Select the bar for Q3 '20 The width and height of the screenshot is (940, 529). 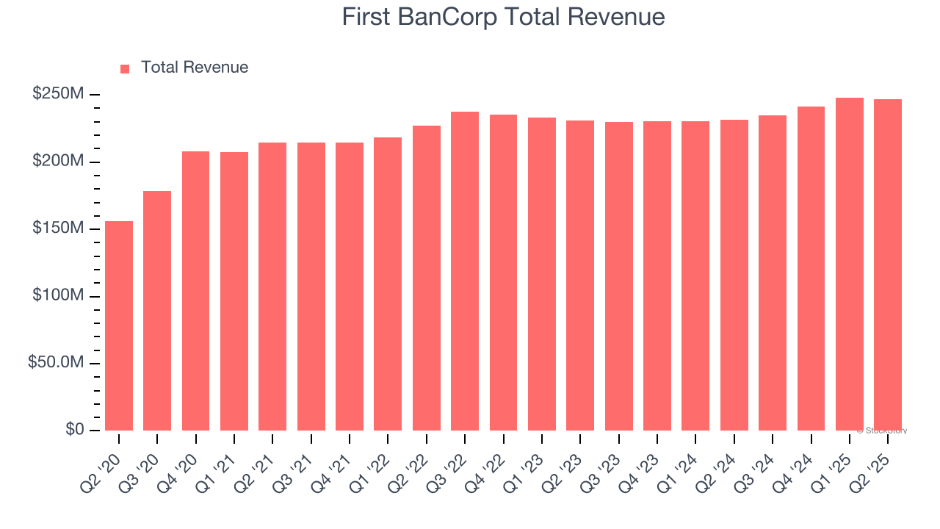tap(157, 311)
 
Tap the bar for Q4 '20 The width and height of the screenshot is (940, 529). tap(195, 291)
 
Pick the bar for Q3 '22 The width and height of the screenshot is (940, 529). tap(465, 271)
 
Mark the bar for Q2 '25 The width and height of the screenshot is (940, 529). tap(888, 265)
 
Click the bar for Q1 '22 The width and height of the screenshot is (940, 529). tap(388, 284)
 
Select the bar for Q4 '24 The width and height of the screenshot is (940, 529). tap(811, 269)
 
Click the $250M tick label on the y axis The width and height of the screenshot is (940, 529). tap(58, 95)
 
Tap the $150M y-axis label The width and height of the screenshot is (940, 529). tap(58, 228)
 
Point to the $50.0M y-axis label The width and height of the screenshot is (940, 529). tap(56, 363)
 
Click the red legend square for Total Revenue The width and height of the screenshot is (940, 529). tap(125, 68)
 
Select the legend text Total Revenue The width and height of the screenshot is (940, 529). tap(195, 68)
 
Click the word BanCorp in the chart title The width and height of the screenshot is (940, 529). tap(447, 17)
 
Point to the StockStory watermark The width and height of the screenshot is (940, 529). tap(881, 431)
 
